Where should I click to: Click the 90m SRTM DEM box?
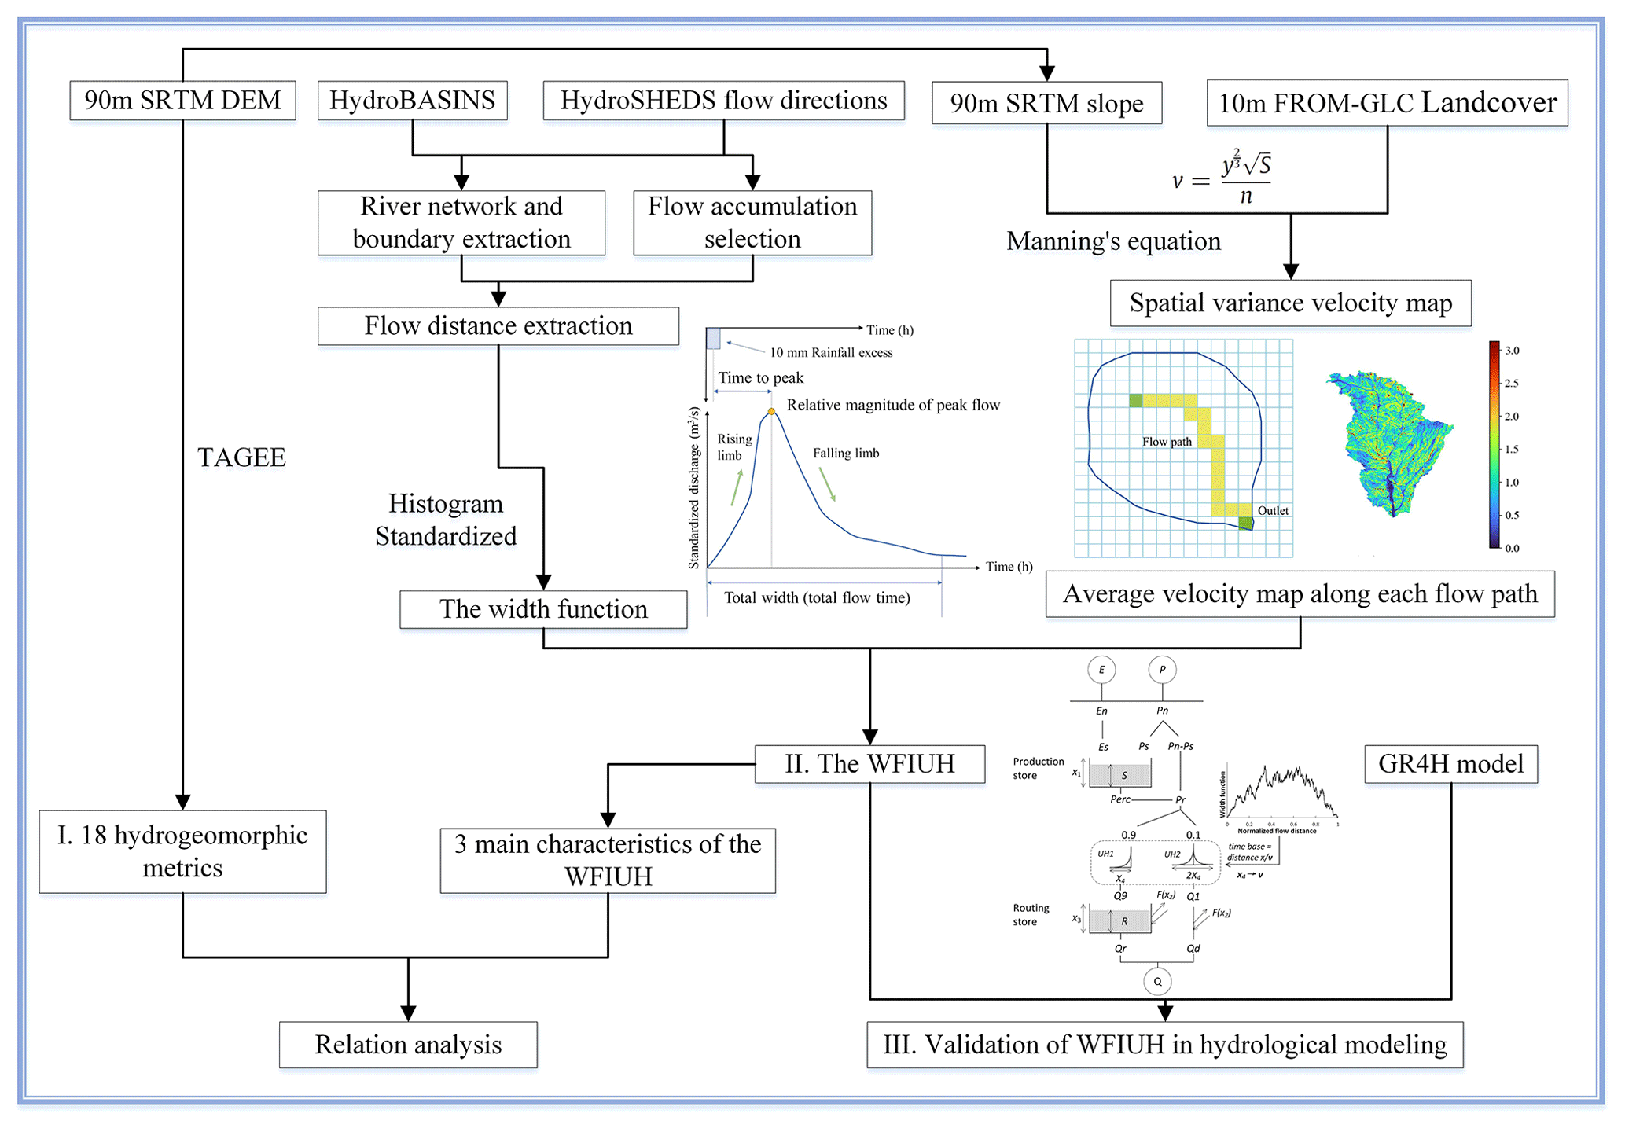pos(182,101)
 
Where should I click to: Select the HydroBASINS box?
pos(412,101)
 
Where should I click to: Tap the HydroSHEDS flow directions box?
pos(723,101)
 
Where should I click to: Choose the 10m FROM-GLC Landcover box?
pos(1387,103)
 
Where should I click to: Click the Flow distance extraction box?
pos(498,325)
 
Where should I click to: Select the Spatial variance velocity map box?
pos(1290,303)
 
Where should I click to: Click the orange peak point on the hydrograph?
pos(771,411)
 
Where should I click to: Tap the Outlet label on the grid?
pos(1273,511)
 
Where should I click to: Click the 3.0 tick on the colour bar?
pos(1512,351)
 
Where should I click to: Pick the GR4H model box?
pos(1450,764)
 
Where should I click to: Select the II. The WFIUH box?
pos(869,764)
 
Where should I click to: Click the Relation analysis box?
pos(408,1045)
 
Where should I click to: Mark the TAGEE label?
pos(241,457)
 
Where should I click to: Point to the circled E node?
pos(1101,670)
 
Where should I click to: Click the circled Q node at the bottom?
pos(1157,981)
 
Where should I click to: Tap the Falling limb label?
pos(846,454)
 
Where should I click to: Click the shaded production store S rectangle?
pos(1120,775)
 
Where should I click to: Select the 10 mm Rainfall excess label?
pos(831,353)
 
